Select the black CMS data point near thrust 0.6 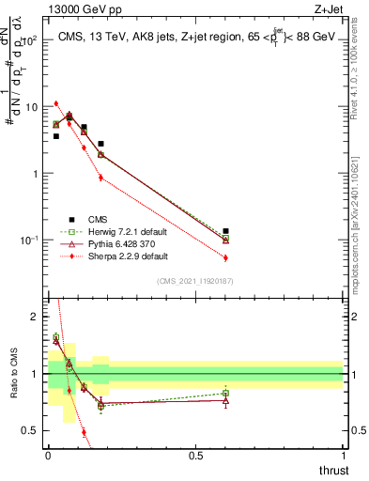coord(225,231)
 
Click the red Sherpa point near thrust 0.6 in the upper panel coord(225,257)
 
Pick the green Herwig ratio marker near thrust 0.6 coord(225,394)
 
